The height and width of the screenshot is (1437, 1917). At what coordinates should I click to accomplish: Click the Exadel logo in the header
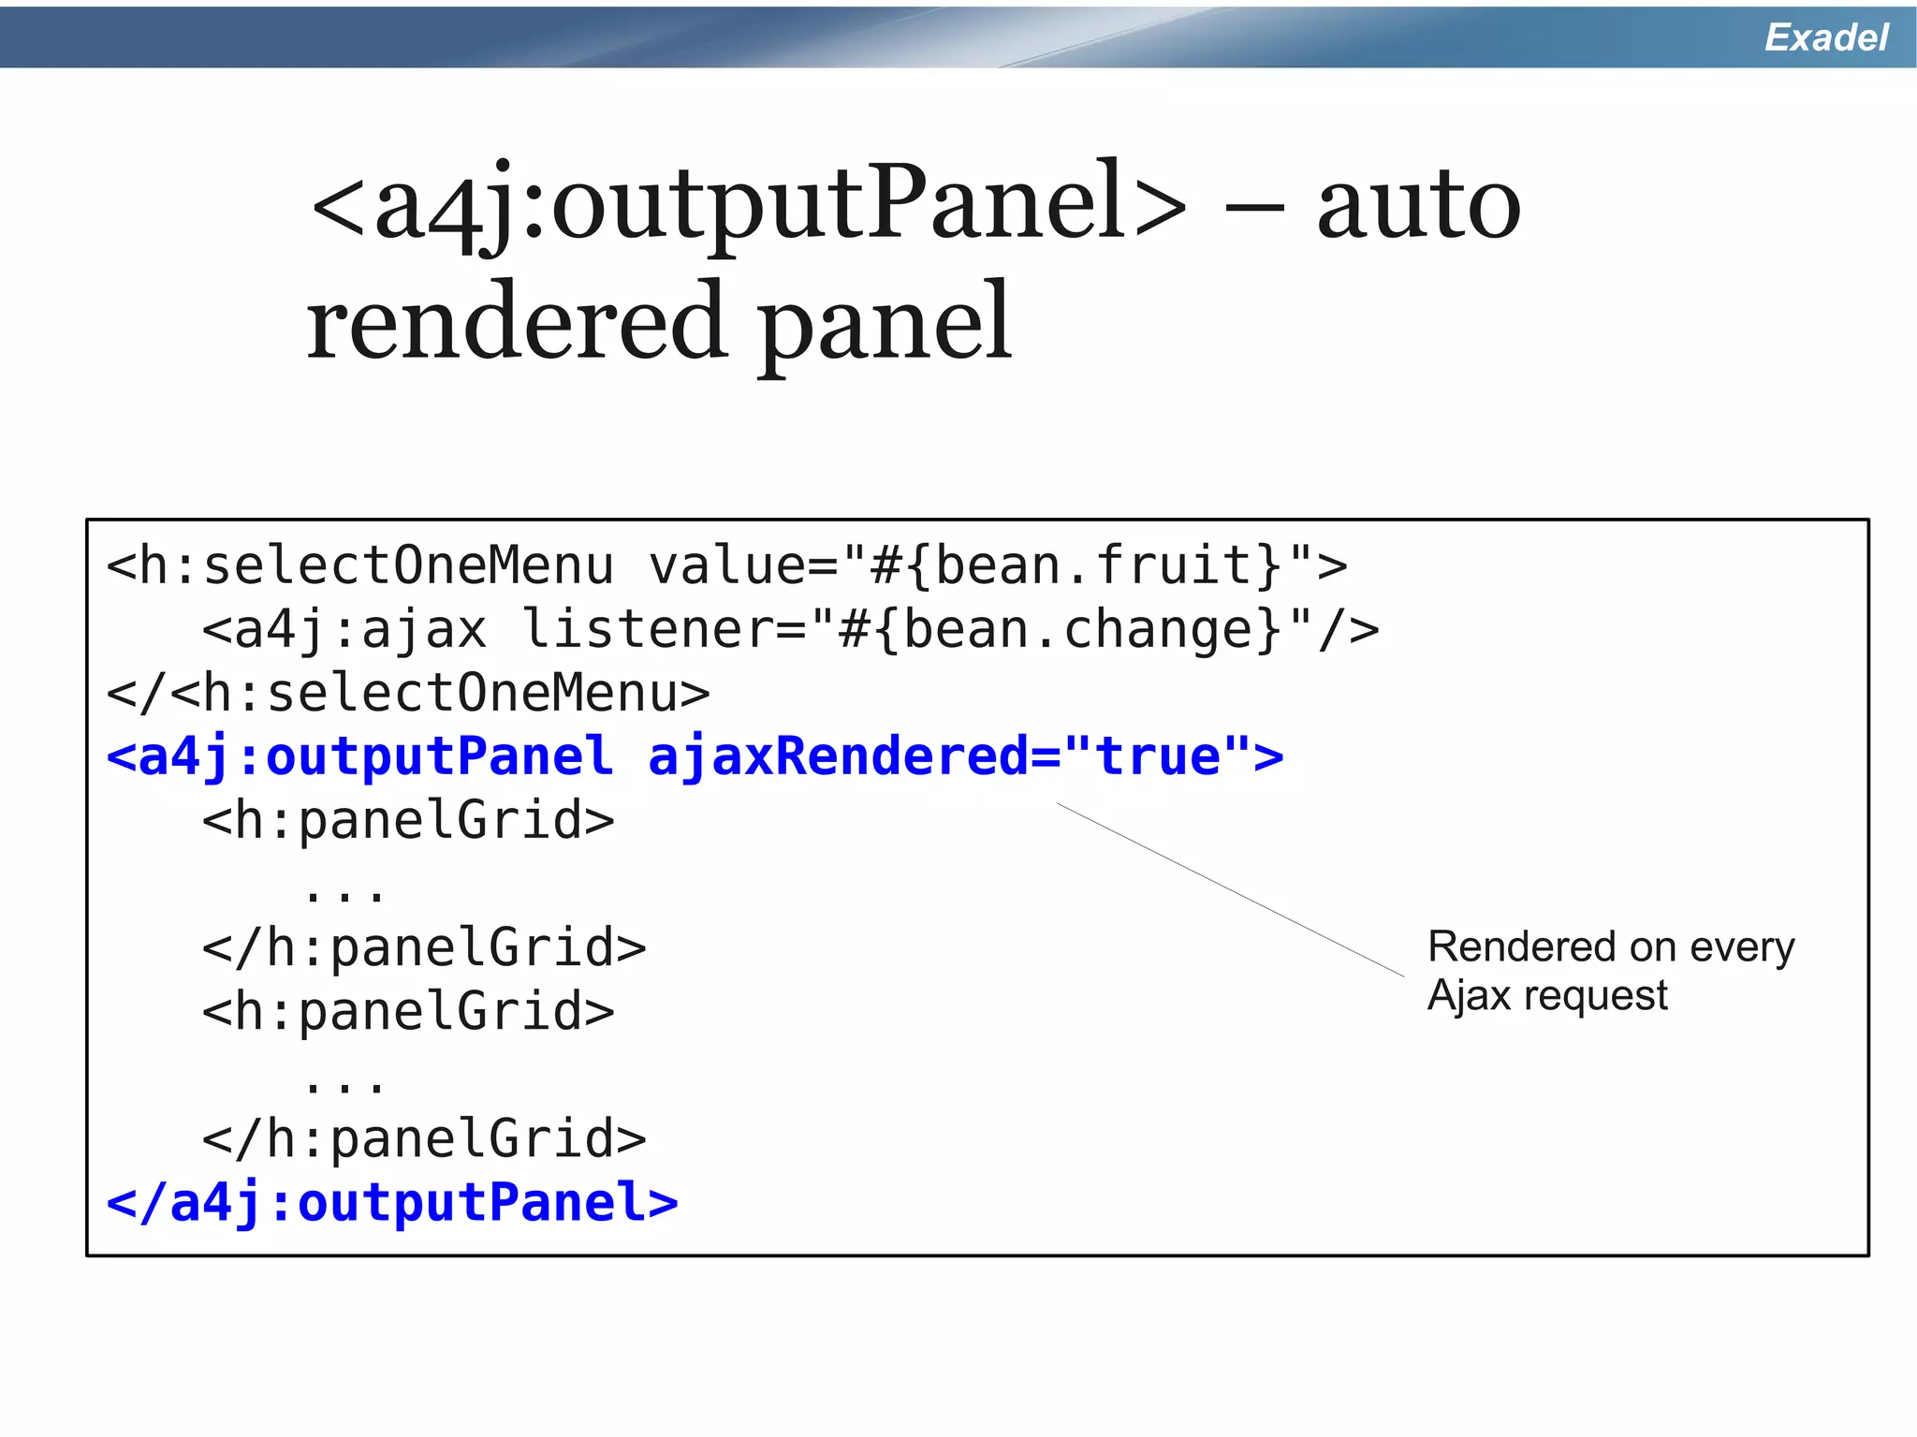(1825, 37)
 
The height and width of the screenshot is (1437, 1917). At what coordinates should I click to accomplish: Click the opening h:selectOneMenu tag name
(374, 566)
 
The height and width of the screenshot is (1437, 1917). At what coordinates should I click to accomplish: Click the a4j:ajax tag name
(360, 629)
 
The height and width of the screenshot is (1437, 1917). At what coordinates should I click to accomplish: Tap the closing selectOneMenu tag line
(408, 694)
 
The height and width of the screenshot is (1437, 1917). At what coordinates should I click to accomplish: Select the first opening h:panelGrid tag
(408, 821)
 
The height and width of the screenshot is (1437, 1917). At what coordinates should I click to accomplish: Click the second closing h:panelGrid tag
(424, 1139)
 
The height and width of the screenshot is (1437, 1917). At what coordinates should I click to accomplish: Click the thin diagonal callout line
(1230, 889)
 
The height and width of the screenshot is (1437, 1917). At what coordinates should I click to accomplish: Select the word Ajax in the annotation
(1468, 996)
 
